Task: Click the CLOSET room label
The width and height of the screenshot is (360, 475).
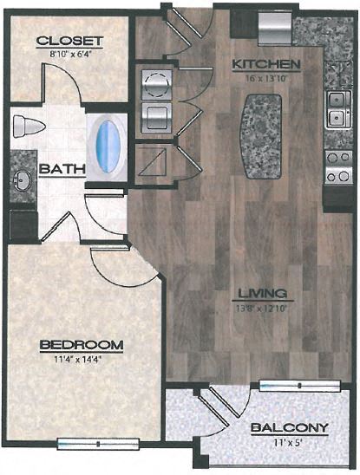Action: [x=70, y=41]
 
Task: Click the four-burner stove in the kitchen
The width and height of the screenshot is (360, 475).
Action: [x=335, y=167]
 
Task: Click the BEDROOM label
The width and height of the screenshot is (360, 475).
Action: [x=82, y=344]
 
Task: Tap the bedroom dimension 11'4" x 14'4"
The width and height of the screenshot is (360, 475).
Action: [x=82, y=357]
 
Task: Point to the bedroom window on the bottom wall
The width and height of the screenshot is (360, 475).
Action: [x=86, y=443]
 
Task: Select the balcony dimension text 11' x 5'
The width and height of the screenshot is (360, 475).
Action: [x=289, y=439]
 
